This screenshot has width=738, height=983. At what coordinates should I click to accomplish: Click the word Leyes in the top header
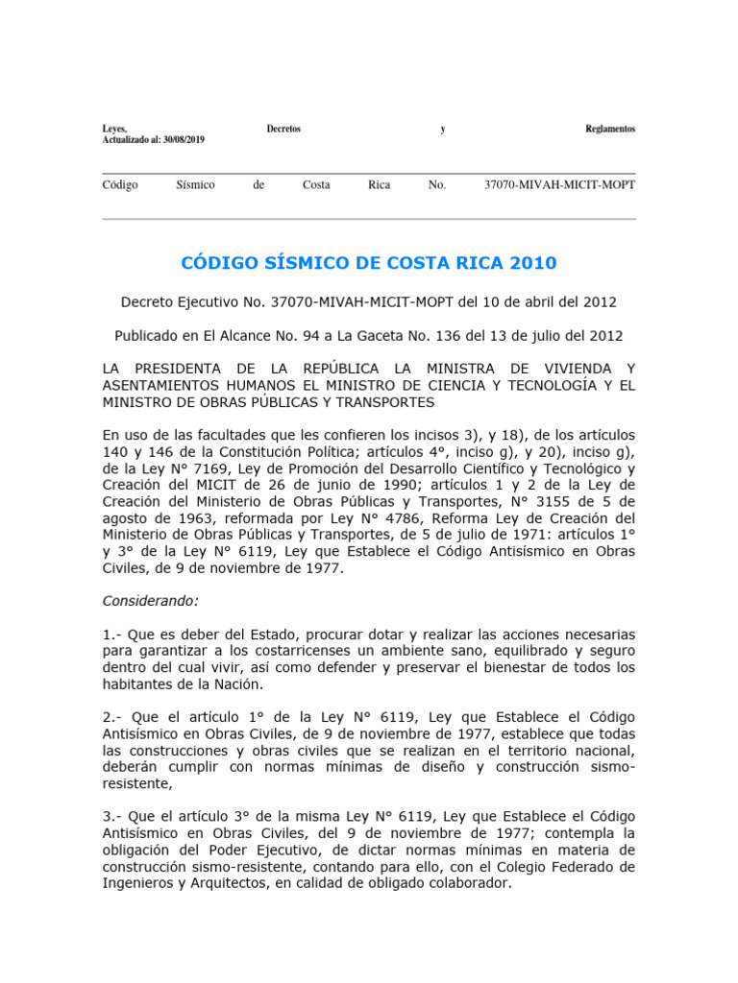(114, 129)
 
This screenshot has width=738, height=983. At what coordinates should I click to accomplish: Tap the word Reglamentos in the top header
(610, 129)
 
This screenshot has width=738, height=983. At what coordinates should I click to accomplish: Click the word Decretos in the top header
(283, 129)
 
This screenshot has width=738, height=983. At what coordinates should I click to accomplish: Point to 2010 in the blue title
(533, 263)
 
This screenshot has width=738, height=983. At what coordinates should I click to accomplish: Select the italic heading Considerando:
(150, 601)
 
